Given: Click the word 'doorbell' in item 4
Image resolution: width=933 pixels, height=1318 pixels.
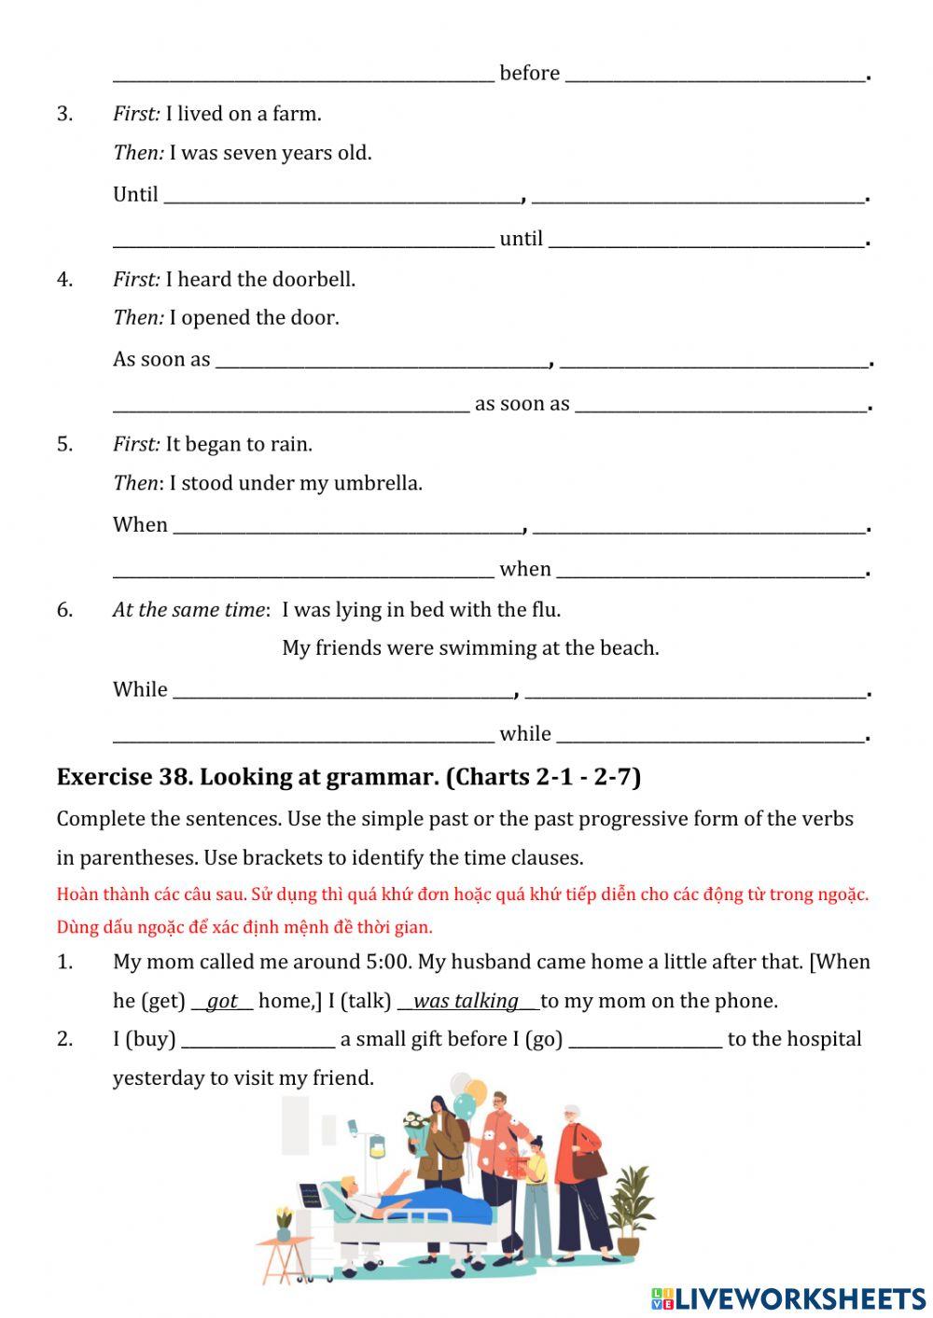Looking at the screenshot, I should (313, 279).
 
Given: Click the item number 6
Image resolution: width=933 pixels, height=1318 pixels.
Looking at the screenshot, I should (64, 610).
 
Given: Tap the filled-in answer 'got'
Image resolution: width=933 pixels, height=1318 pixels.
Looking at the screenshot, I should (222, 1001).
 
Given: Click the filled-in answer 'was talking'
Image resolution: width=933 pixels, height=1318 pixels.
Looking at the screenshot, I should (466, 1001).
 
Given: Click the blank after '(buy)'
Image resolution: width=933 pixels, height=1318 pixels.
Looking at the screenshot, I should (258, 1040).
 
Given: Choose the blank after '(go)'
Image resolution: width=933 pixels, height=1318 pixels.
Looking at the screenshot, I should (645, 1040).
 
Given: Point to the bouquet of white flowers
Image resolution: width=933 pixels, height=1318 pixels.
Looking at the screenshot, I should (416, 1123).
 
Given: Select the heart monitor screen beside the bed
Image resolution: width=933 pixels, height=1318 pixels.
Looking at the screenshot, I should (310, 1194).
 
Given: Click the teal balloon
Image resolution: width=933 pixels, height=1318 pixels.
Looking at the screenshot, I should (465, 1107).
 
